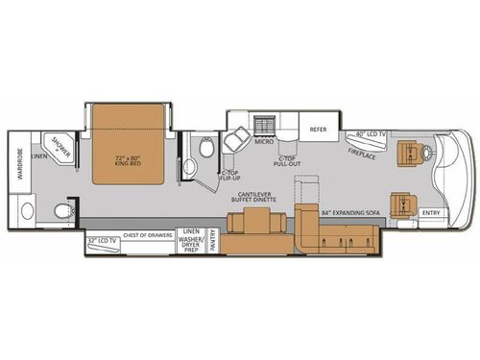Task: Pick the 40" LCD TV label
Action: pyautogui.click(x=371, y=133)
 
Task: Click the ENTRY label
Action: pyautogui.click(x=432, y=213)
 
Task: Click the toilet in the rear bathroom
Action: pyautogui.click(x=64, y=209)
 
